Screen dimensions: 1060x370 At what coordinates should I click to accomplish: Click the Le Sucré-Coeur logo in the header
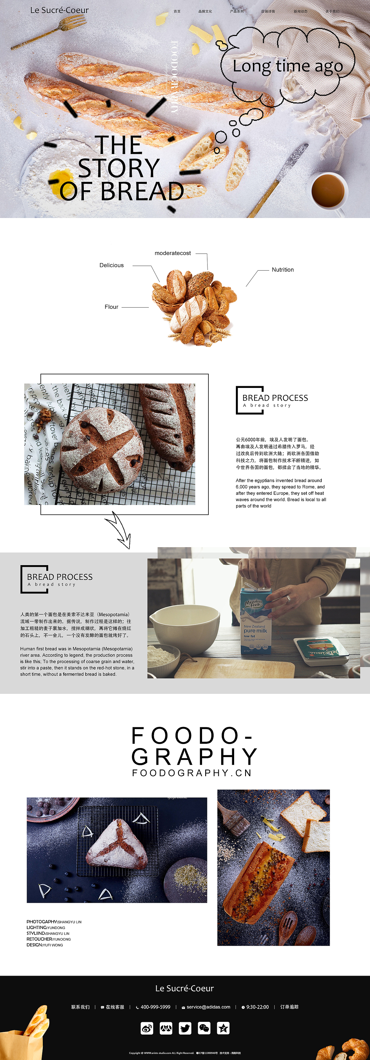[x=59, y=10]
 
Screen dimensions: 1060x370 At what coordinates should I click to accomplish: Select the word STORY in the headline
[x=119, y=168]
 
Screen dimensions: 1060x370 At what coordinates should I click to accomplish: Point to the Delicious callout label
[x=112, y=265]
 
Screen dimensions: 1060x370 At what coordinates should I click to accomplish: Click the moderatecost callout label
[x=173, y=253]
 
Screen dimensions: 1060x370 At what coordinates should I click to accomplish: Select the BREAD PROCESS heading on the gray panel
[x=60, y=577]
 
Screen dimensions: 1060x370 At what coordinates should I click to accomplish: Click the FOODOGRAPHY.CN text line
[x=192, y=773]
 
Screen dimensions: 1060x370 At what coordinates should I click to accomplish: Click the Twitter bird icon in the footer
[x=185, y=1028]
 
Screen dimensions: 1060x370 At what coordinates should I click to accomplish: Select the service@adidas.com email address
[x=208, y=1007]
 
